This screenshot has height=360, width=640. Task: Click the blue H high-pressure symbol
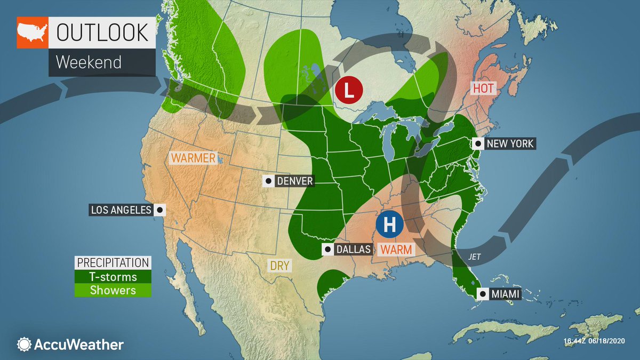389,225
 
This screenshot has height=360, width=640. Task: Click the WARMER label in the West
193,158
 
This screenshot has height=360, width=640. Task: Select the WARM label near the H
396,249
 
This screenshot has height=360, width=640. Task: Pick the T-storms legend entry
113,277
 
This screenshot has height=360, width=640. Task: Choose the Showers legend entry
113,290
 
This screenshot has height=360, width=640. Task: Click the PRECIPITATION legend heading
113,263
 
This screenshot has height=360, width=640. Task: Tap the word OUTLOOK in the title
102,33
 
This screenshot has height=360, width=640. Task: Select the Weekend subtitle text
89,62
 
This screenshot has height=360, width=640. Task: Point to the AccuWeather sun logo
24,344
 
